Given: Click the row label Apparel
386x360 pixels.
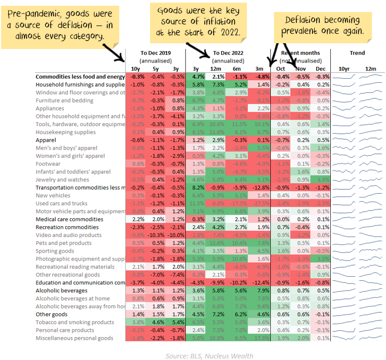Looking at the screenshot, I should click(45, 140).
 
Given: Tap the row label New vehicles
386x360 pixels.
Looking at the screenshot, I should click(53, 195).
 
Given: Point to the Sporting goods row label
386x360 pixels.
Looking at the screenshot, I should click(55, 251).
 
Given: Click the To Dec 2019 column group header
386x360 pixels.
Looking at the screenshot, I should click(155, 53).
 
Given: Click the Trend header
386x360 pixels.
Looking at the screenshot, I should click(357, 53).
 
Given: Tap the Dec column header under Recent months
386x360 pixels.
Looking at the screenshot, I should click(321, 69).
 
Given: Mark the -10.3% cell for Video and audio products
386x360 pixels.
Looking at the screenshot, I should click(155, 235).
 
